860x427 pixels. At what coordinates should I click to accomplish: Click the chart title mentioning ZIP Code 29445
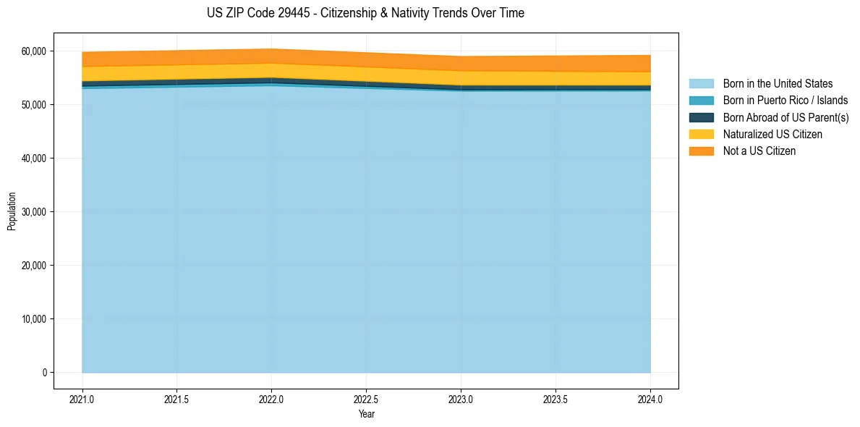[365, 13]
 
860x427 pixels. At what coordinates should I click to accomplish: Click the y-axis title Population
[12, 211]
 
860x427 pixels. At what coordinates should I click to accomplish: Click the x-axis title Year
[366, 415]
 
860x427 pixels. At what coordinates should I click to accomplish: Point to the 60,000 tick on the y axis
[33, 51]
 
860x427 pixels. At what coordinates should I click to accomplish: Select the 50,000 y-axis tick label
[33, 105]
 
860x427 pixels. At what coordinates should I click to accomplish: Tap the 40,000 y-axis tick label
[33, 158]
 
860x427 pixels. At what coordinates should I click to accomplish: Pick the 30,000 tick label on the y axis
[33, 212]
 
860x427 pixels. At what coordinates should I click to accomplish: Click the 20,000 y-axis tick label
[33, 266]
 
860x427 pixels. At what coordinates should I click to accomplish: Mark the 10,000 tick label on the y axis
[33, 319]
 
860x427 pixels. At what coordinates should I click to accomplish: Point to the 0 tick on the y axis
[44, 373]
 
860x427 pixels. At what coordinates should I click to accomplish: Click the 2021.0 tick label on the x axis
[82, 399]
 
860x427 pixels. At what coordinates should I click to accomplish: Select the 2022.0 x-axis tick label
[271, 399]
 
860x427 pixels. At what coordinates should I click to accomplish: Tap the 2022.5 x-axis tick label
[366, 399]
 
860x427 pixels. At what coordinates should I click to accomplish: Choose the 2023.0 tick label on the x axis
[461, 399]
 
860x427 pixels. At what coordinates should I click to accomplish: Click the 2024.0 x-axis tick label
[650, 399]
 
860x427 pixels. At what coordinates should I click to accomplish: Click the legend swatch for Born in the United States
[701, 84]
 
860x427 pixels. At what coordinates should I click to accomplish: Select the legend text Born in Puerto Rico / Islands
[786, 101]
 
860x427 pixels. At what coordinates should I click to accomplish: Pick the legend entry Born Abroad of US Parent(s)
[786, 117]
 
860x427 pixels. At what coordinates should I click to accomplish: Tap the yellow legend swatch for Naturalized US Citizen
[701, 134]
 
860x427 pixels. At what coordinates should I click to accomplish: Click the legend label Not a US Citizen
[759, 151]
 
